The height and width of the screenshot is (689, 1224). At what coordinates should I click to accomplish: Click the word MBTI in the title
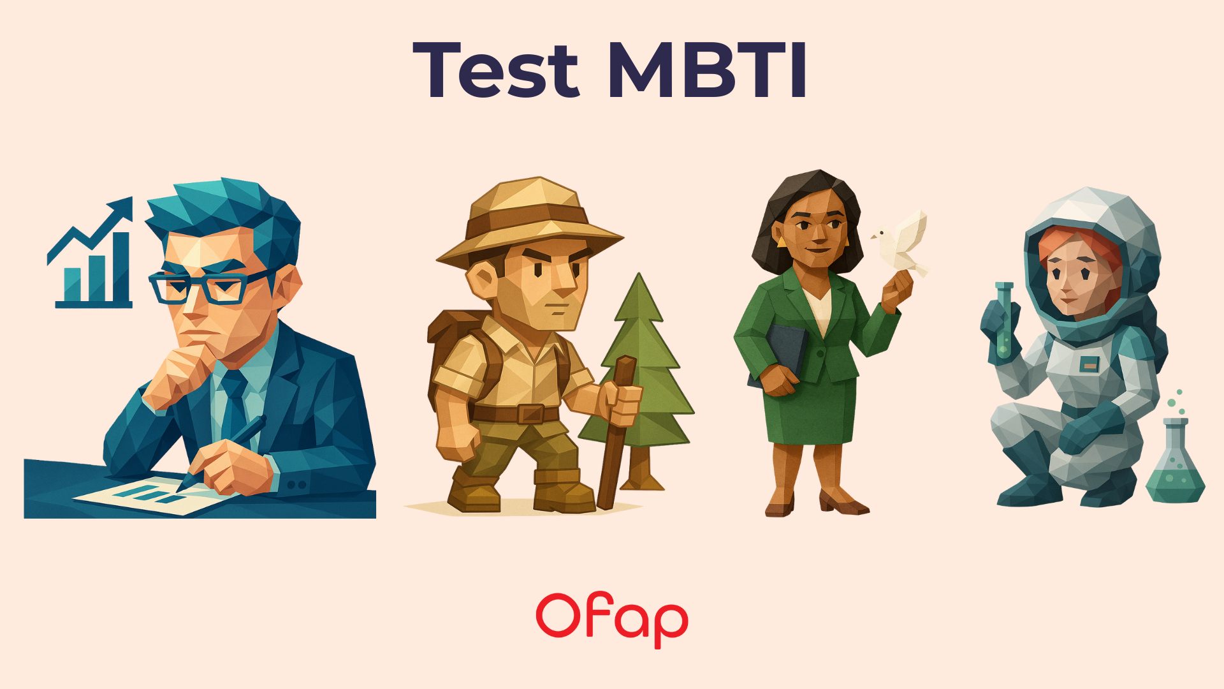708,70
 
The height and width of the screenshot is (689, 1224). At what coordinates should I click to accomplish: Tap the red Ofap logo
612,619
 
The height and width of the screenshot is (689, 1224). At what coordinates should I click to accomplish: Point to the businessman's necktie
234,402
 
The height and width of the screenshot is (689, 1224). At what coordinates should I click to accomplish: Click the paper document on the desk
153,494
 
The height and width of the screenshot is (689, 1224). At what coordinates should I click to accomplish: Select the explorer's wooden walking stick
615,440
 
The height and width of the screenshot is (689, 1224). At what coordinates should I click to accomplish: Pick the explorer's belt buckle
530,414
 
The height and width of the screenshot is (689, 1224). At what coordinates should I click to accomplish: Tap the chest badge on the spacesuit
1089,364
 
